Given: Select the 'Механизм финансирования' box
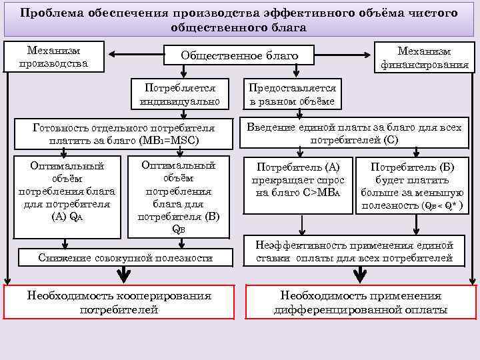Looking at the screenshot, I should click(x=424, y=58).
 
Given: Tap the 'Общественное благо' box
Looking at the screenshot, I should click(x=239, y=55).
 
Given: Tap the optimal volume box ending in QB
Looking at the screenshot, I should click(x=178, y=196).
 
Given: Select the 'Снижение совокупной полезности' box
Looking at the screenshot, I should click(x=125, y=257).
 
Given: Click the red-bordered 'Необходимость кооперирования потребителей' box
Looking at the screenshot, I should click(x=119, y=302).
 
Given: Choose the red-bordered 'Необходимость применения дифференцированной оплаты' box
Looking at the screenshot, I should click(x=361, y=302).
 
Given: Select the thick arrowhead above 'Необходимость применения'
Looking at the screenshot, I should click(x=361, y=273).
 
